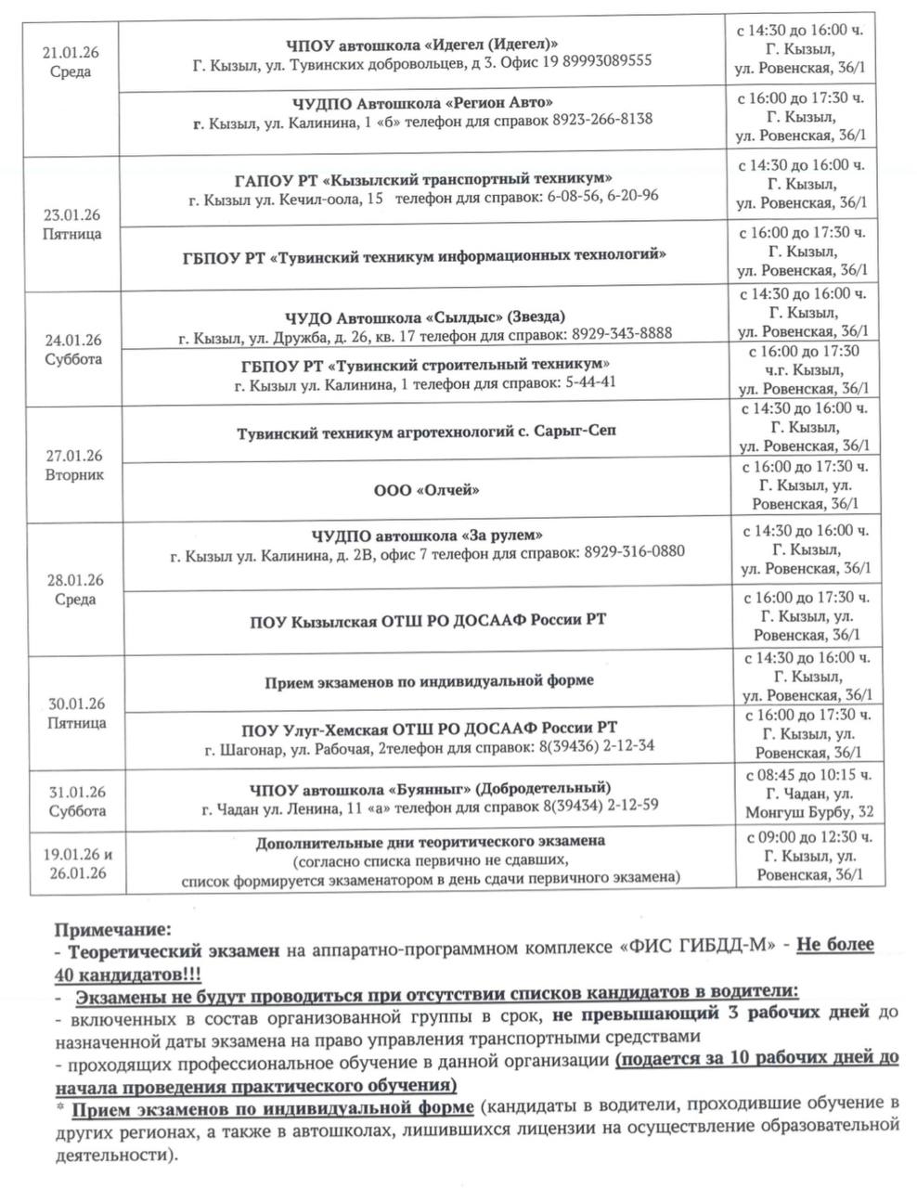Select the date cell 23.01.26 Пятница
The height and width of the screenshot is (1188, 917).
tap(72, 225)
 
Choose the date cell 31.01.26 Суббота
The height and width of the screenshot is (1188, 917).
tap(77, 801)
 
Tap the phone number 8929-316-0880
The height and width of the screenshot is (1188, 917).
tap(635, 552)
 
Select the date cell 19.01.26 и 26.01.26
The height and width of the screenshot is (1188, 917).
tap(76, 863)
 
